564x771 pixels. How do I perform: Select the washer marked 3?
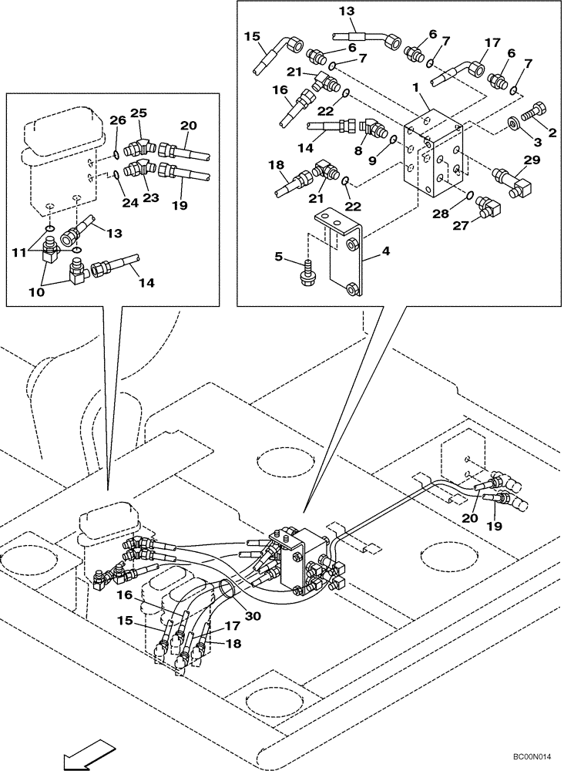point(512,123)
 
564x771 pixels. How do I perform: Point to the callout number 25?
point(138,113)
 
